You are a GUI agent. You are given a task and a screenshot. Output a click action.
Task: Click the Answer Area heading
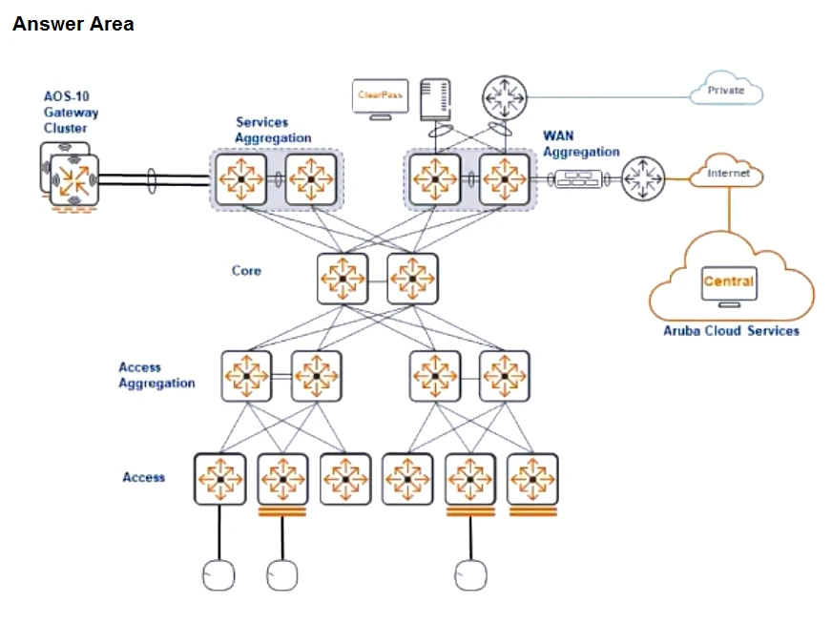tap(73, 25)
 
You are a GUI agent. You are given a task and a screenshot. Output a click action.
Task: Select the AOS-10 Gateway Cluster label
tap(71, 113)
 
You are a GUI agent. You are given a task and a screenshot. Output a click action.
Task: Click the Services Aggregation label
tap(273, 130)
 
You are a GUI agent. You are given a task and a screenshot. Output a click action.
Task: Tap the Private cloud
tap(726, 90)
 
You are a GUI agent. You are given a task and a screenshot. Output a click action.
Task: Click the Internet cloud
tap(728, 174)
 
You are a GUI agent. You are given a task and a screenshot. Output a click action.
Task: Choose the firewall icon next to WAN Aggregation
tap(578, 178)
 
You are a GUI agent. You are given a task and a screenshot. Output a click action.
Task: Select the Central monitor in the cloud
tap(729, 284)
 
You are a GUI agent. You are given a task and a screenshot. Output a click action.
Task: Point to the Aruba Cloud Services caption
tap(731, 331)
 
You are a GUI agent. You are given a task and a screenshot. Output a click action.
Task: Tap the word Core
tap(246, 271)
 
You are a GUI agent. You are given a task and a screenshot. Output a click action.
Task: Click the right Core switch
tap(412, 279)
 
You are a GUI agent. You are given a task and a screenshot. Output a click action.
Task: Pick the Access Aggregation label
tap(156, 375)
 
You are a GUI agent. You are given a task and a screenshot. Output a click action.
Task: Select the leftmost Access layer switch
tap(219, 478)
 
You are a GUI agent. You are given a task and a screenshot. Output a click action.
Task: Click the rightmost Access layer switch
tap(532, 478)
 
